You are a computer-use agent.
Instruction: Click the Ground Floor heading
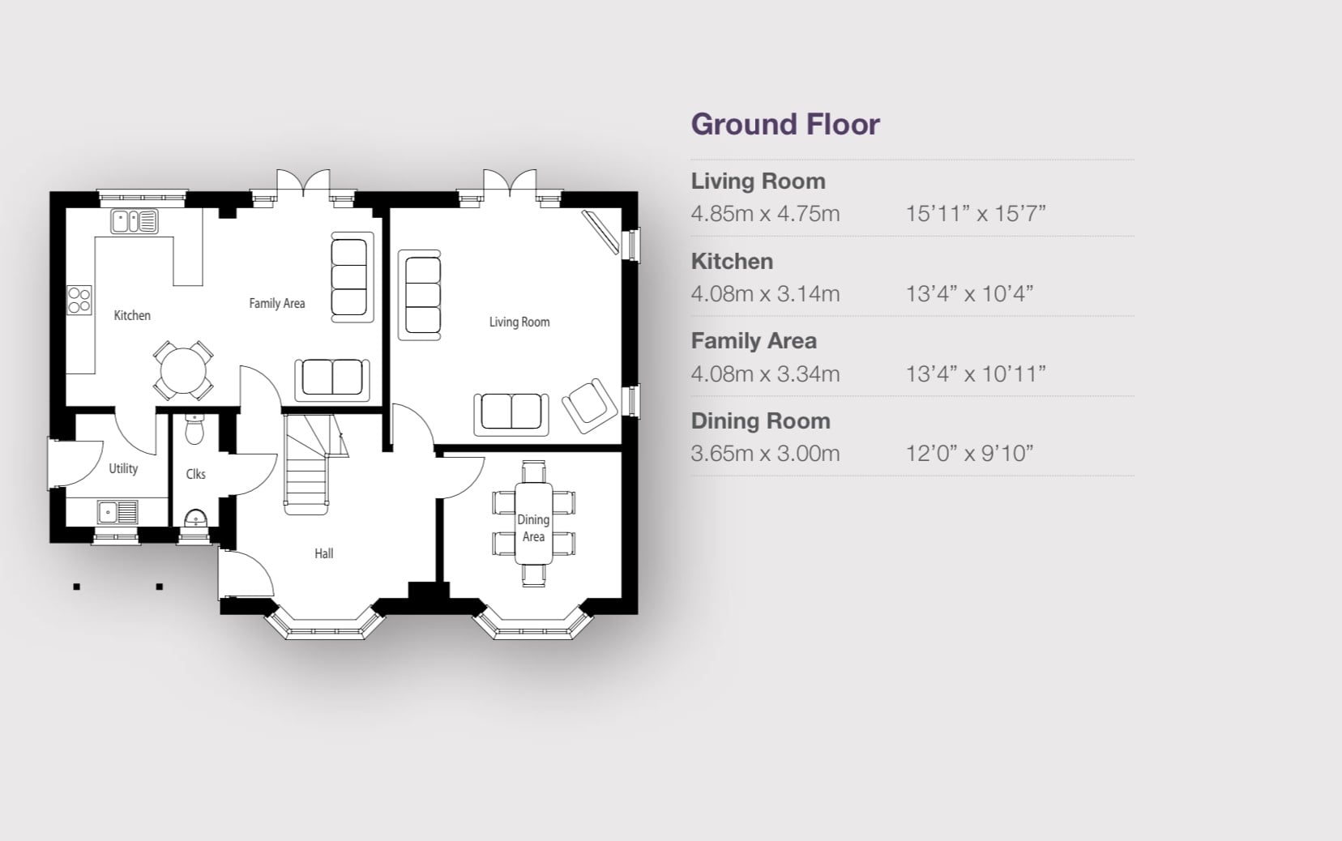(x=785, y=125)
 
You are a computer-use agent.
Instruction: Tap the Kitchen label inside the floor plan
(x=132, y=315)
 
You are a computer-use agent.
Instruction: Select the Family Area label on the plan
(x=277, y=303)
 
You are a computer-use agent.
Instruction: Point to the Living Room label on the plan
(x=519, y=322)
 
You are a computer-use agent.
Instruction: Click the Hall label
(x=323, y=553)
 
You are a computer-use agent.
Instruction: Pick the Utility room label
(x=123, y=468)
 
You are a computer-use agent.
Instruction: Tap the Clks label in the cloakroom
(x=195, y=474)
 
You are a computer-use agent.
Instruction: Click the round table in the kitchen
(x=183, y=371)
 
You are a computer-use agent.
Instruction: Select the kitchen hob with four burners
(x=79, y=300)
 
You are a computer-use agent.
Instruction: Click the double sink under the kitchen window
(x=135, y=221)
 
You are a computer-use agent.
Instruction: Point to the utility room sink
(x=118, y=512)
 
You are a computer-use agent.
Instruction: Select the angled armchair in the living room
(x=589, y=406)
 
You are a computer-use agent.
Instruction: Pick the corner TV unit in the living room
(x=600, y=232)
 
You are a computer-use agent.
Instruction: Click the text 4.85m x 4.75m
(x=765, y=214)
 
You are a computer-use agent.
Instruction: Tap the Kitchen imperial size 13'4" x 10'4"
(x=969, y=293)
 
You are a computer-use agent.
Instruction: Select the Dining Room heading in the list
(x=760, y=421)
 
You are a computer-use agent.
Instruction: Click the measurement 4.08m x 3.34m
(x=765, y=374)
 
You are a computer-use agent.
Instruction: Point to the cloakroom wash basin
(x=195, y=519)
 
